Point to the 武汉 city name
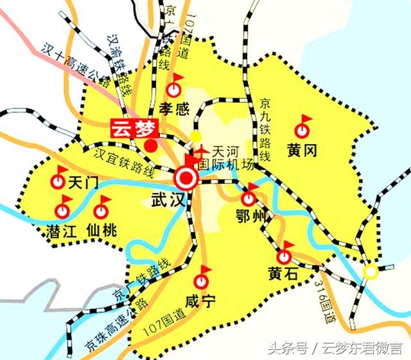pos(168,199)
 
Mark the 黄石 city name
pos(284,274)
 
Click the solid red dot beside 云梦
pos(151,145)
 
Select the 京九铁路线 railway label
pos(264,129)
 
